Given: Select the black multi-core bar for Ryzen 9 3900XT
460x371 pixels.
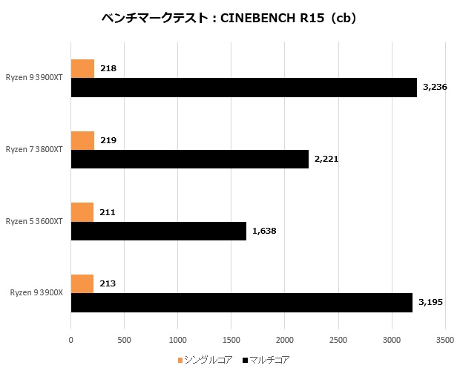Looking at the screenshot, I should [x=244, y=88].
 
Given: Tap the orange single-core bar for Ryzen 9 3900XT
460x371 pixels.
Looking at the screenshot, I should [x=82, y=68].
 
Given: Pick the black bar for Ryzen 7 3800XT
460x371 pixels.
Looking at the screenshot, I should [x=189, y=159].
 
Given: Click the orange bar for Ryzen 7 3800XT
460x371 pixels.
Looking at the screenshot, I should [x=82, y=140].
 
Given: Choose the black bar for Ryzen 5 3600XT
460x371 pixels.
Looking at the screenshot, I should [x=158, y=231].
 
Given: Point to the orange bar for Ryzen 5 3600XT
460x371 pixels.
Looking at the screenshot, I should [x=82, y=212].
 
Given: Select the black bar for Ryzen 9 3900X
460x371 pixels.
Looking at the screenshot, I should [x=242, y=303].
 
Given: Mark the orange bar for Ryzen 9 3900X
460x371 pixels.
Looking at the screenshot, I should [x=82, y=284].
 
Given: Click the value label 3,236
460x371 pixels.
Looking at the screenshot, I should [x=435, y=88].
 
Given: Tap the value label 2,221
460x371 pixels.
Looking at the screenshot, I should [x=326, y=159].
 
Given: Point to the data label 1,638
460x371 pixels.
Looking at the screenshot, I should [x=264, y=231].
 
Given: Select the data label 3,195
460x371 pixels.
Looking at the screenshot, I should [x=430, y=303].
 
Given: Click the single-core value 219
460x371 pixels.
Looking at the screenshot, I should [x=108, y=140].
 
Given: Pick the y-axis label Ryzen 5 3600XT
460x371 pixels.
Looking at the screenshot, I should [x=34, y=221].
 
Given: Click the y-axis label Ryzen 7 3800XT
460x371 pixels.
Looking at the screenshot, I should [x=34, y=150].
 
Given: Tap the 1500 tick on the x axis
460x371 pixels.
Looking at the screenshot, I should [x=231, y=340].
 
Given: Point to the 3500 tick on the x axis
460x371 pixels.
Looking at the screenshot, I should [x=444, y=340].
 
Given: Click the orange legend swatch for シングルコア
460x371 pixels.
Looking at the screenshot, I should [x=180, y=360].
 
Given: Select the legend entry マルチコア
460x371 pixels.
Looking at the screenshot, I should [x=269, y=360].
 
